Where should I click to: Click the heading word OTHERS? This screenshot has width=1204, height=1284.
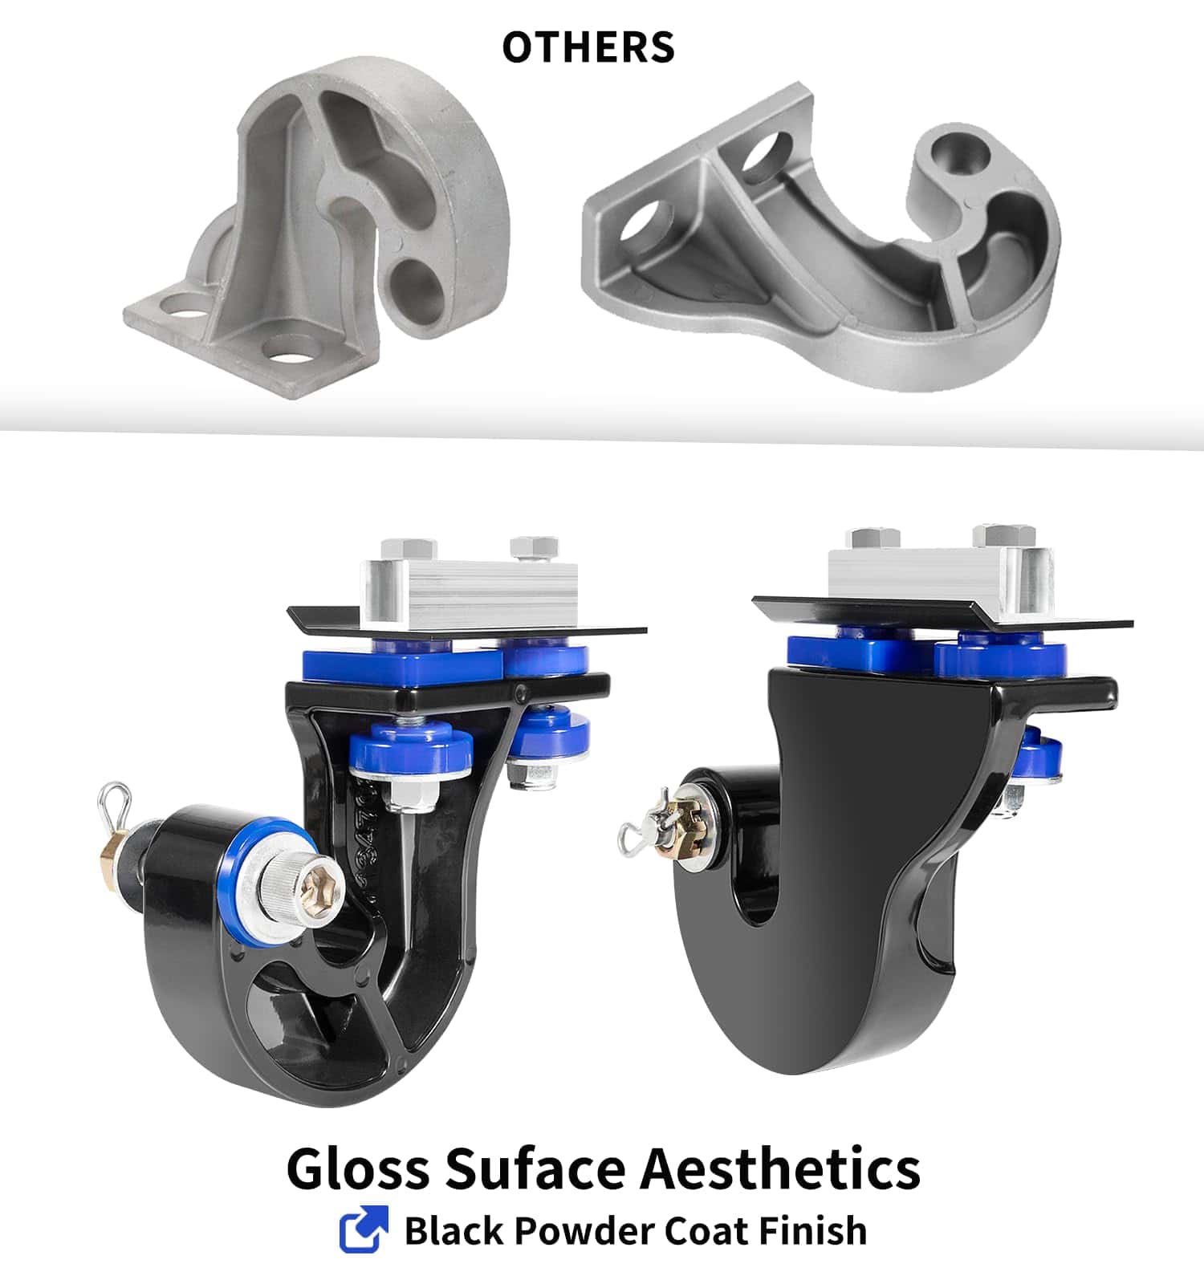click(x=588, y=47)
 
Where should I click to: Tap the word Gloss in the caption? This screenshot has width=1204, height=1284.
click(x=358, y=1168)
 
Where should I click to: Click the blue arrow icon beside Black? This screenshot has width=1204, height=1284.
click(x=364, y=1229)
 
